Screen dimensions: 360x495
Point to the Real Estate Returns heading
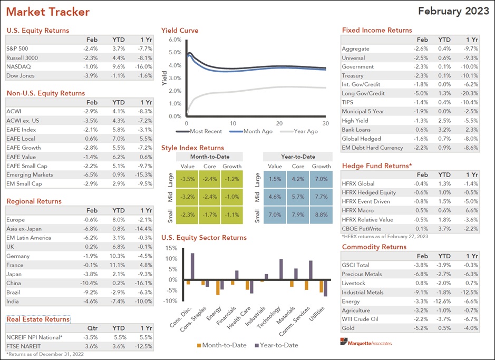pos(38,319)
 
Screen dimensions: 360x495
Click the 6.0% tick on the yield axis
pos(175,40)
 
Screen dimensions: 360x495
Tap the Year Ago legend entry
pos(303,131)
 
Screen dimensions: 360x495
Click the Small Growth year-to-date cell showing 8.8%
pos(321,215)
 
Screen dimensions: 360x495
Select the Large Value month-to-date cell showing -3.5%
pos(185,179)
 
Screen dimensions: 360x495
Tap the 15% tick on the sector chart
pos(171,248)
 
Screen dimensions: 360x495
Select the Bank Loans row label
pos(356,129)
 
